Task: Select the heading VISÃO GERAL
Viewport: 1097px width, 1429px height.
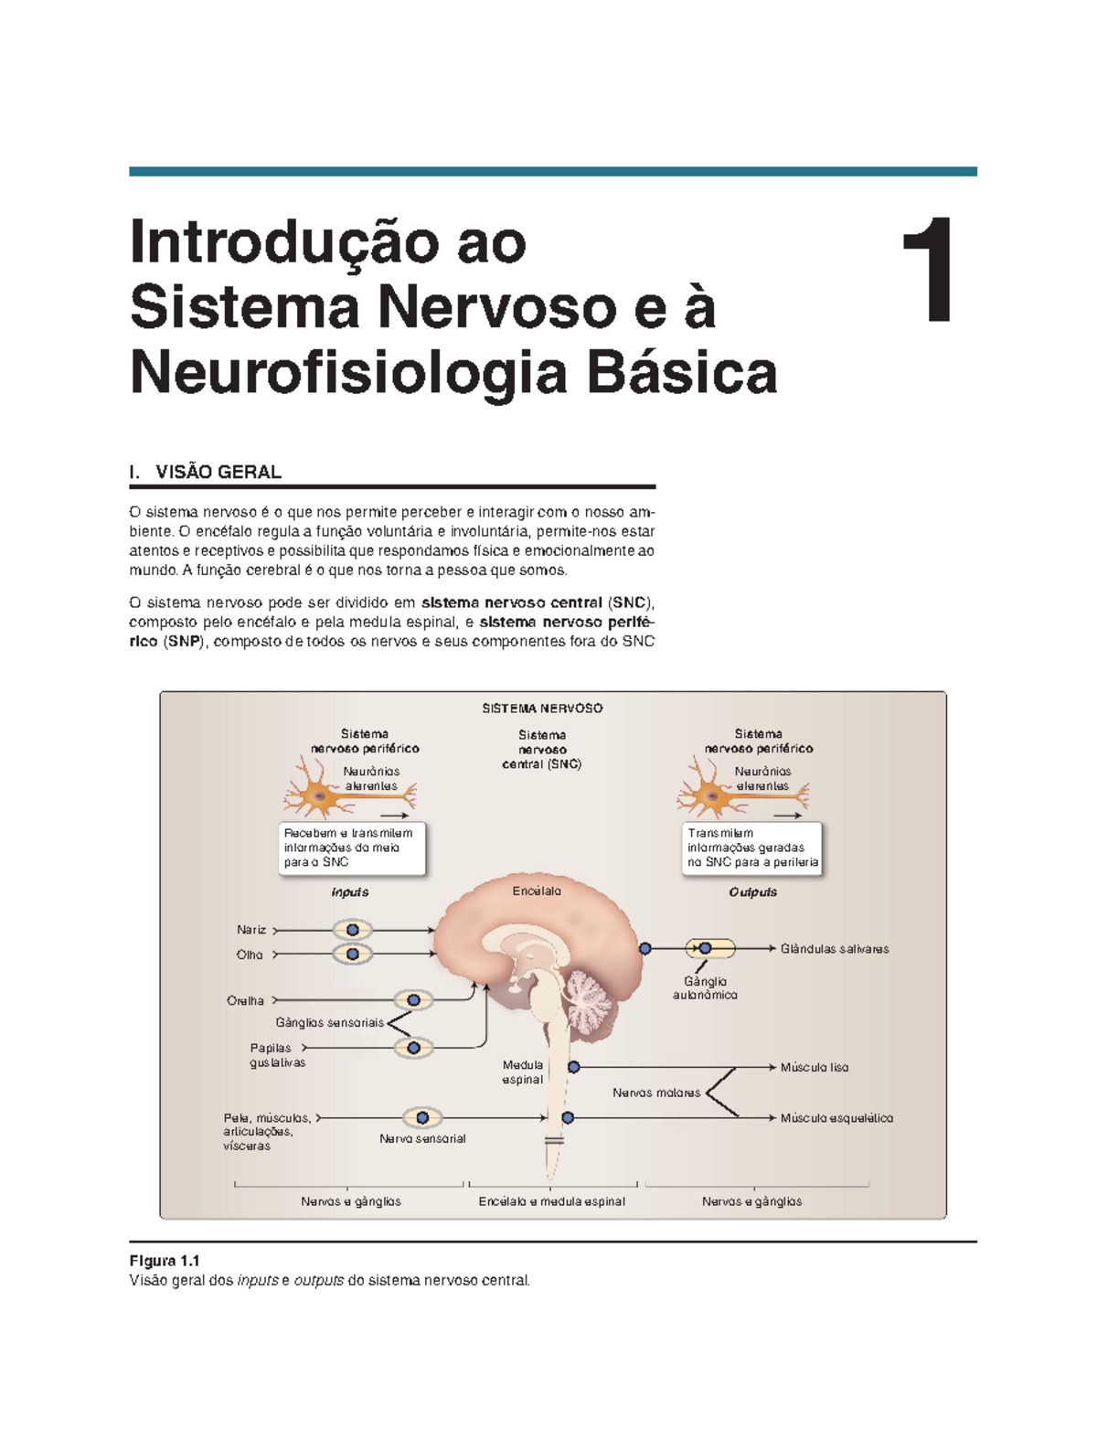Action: pos(218,472)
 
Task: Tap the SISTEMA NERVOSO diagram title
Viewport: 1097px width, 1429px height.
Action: pos(542,709)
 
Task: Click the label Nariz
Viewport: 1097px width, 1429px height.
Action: pos(251,930)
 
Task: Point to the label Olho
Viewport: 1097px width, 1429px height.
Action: pos(250,954)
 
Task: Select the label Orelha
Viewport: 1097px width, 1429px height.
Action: pos(245,1001)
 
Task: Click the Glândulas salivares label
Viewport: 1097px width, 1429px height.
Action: pos(835,949)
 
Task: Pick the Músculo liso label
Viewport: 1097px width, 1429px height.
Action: pos(815,1067)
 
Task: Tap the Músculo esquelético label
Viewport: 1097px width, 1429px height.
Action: pos(836,1118)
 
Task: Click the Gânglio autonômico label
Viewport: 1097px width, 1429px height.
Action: pos(705,988)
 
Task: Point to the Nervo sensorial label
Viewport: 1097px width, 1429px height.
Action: pos(422,1139)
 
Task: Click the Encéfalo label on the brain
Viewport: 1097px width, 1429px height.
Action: pos(537,891)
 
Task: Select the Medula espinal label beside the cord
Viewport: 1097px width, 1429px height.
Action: pos(523,1072)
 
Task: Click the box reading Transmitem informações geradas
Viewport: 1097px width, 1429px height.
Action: pos(752,848)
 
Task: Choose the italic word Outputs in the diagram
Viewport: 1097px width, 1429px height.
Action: pos(752,892)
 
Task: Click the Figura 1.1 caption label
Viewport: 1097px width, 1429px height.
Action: pos(165,1261)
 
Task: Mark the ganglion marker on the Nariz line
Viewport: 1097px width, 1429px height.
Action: pos(353,930)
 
